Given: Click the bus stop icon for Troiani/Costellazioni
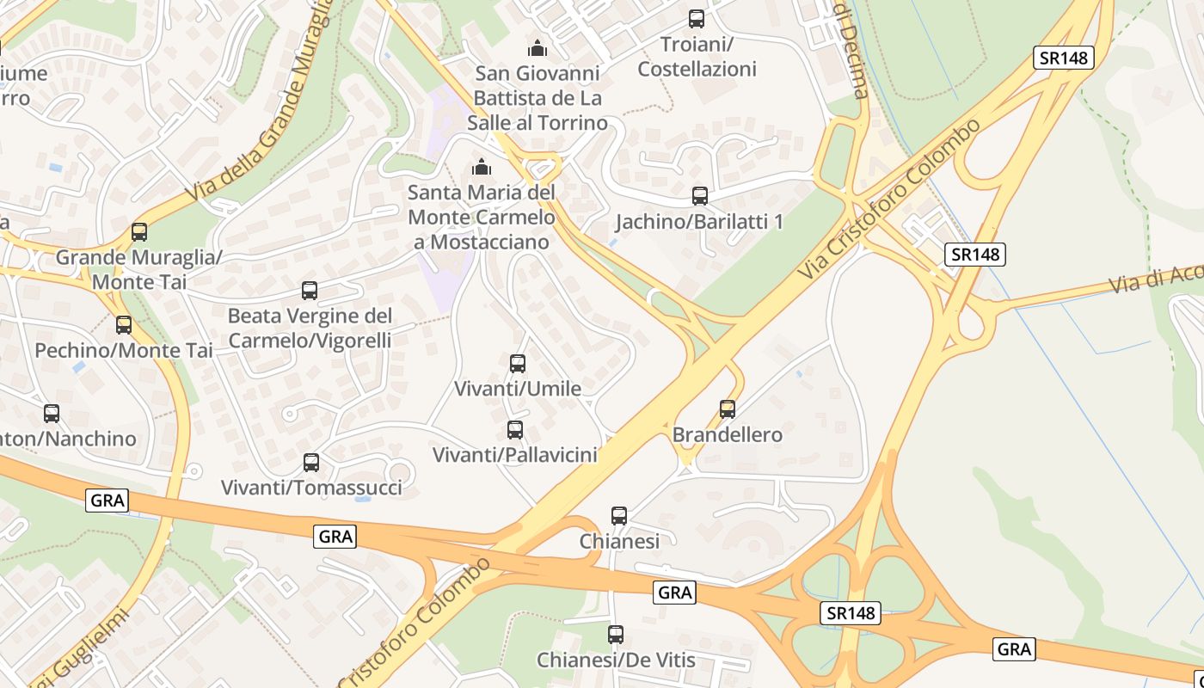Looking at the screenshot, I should click(x=697, y=19).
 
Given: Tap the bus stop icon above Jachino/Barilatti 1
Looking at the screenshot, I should click(x=700, y=196).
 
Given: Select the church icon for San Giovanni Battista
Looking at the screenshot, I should click(x=538, y=48).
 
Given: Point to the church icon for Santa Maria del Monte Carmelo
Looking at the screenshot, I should click(x=482, y=167).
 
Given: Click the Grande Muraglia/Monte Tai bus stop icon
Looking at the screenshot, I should click(x=138, y=232).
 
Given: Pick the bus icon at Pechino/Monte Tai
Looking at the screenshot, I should click(x=124, y=325).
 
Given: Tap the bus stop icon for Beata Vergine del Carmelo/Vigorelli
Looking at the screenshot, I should click(x=310, y=291).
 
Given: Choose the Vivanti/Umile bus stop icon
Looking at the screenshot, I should click(x=518, y=364).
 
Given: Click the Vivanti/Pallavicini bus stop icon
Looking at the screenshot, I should click(x=515, y=430).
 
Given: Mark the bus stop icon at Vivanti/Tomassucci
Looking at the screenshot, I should click(x=311, y=463).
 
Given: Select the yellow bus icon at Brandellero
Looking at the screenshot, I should click(x=728, y=409).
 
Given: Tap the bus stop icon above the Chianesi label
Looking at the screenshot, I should click(x=619, y=516).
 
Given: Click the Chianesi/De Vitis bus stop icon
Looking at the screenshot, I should click(x=616, y=635).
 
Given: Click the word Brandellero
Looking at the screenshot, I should click(x=728, y=435).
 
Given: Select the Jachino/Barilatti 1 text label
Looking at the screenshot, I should click(x=699, y=222).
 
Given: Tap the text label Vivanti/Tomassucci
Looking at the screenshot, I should click(x=311, y=488).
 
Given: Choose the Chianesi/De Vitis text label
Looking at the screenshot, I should click(x=616, y=660).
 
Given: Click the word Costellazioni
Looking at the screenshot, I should click(x=697, y=69).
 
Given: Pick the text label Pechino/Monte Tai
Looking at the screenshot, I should click(x=124, y=351).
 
